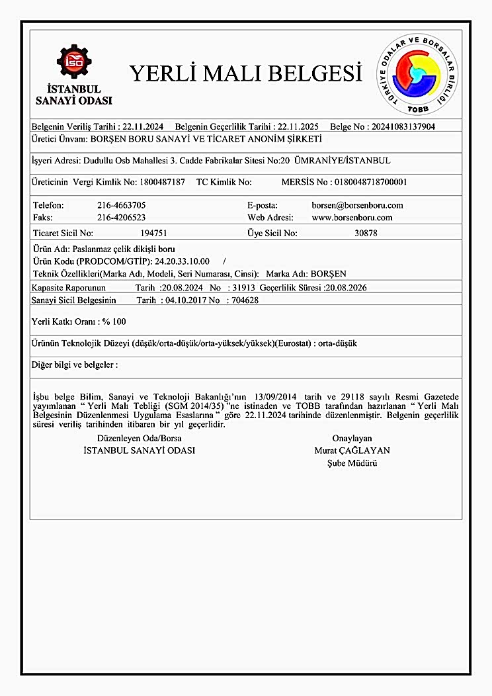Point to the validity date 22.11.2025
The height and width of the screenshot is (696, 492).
point(292,126)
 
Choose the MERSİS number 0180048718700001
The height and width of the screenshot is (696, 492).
point(371,181)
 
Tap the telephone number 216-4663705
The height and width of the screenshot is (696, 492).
point(121,205)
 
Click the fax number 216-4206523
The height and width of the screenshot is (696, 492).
point(121,217)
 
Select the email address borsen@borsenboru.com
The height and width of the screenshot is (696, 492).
point(357,205)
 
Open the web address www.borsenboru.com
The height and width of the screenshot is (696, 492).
point(352,217)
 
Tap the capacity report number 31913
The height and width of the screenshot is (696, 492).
point(240,288)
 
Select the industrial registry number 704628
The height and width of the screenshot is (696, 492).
point(242,300)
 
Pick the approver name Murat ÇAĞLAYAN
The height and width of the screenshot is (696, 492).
point(352,451)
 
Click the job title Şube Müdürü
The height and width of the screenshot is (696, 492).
point(352,463)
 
